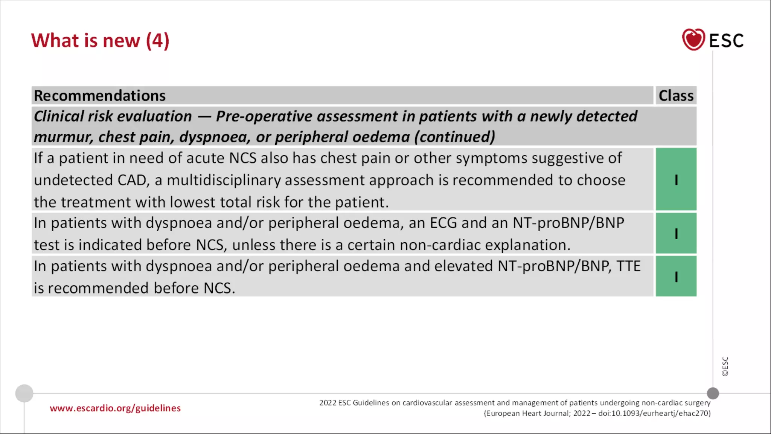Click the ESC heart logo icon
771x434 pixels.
point(693,40)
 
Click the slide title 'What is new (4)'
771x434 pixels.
point(100,41)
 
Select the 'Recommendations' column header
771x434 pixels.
point(100,96)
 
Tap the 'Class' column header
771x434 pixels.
point(676,96)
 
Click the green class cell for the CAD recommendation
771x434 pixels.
point(676,179)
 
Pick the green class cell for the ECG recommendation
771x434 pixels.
point(676,234)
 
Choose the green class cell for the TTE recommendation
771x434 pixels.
point(676,277)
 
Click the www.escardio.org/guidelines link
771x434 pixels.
point(115,408)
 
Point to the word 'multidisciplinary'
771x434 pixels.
point(224,180)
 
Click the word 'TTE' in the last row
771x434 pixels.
point(628,266)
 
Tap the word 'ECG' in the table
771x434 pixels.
point(443,223)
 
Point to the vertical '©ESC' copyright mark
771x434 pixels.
point(725,366)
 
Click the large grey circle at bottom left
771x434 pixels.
point(24,393)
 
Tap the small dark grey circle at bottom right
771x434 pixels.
point(713,393)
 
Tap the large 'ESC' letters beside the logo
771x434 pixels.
point(726,41)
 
